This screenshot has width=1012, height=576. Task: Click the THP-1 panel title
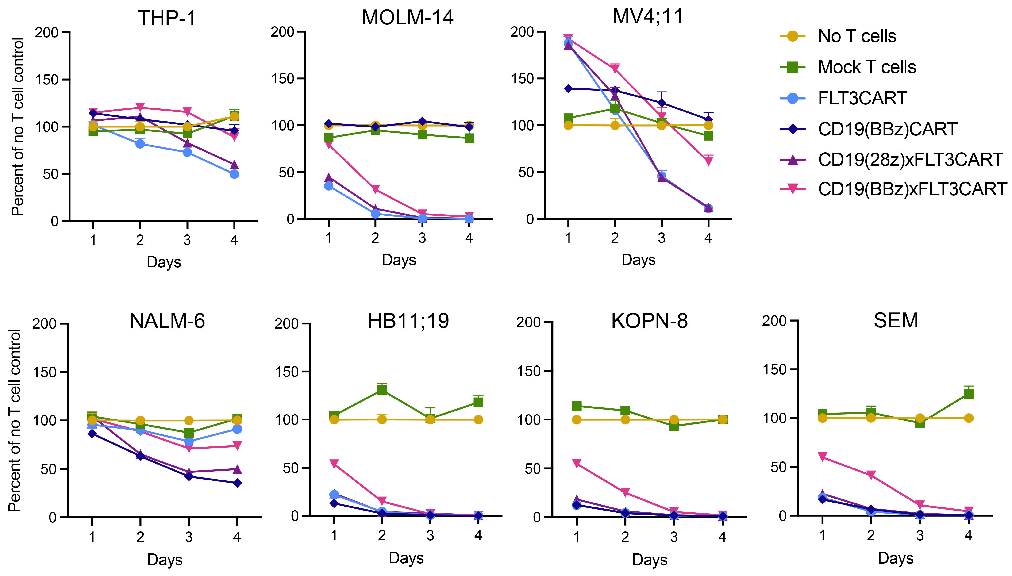pyautogui.click(x=167, y=18)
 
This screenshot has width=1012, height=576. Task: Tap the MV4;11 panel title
pyautogui.click(x=648, y=17)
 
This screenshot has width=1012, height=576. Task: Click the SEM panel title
pyautogui.click(x=896, y=320)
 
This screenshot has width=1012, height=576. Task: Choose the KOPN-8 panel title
pyautogui.click(x=649, y=321)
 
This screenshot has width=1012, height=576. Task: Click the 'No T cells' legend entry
pyautogui.click(x=857, y=36)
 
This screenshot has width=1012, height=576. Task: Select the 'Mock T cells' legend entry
pyautogui.click(x=866, y=67)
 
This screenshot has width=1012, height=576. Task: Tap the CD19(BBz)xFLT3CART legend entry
pyautogui.click(x=912, y=189)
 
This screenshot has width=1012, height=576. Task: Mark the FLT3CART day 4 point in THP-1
pyautogui.click(x=234, y=174)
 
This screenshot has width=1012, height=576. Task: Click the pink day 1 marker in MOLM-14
pyautogui.click(x=328, y=144)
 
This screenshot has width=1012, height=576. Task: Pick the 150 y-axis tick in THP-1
pyautogui.click(x=47, y=80)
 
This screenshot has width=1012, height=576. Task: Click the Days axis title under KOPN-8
pyautogui.click(x=650, y=560)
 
